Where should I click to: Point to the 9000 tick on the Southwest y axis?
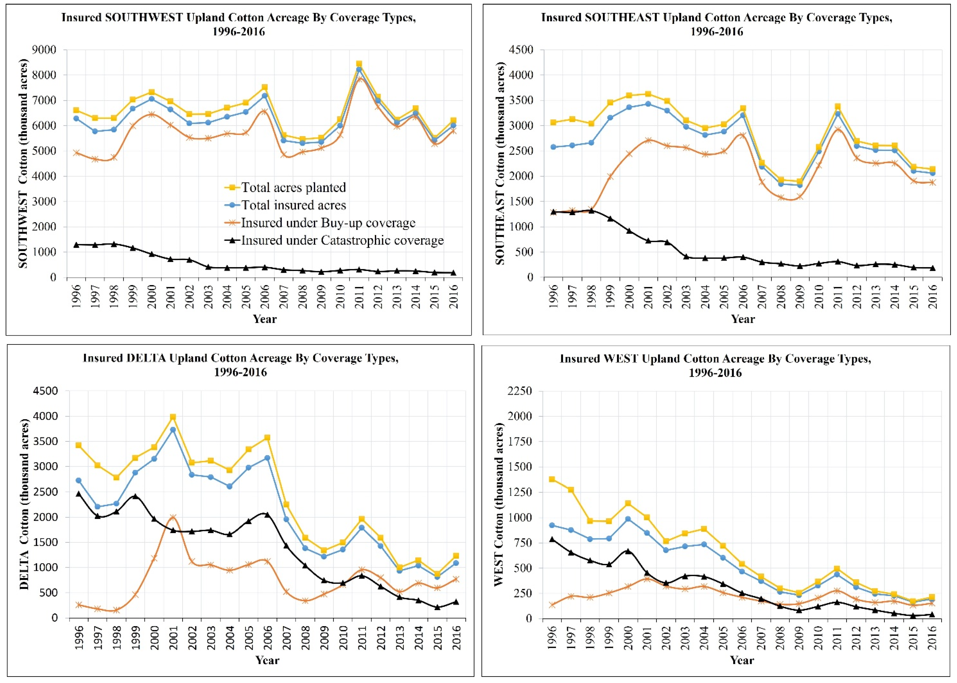44,50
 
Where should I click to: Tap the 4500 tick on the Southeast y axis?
521,50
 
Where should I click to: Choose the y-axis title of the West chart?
499,505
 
